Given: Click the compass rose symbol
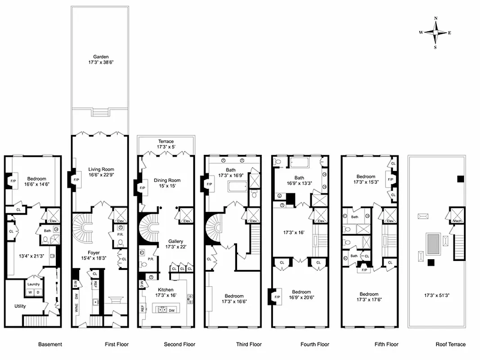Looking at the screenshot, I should pos(435,32).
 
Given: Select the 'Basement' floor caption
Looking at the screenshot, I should pos(50,345).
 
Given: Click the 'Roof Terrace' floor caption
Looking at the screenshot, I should pos(450,345).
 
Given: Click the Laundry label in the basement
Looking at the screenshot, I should pos(33,284).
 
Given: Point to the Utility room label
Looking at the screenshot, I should pos(20,306).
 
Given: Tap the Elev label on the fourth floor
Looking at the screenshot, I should pos(321,221).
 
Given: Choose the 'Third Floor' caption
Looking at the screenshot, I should pos(249,345).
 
